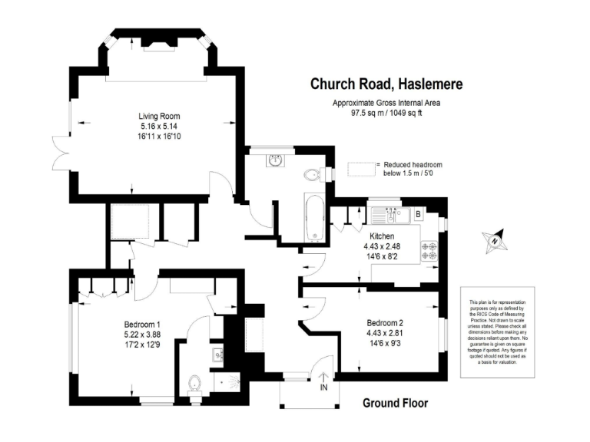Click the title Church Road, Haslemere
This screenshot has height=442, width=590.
click(386, 83)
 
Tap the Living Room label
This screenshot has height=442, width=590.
click(160, 116)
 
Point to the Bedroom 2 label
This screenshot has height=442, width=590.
click(386, 323)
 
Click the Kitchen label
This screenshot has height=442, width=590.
click(382, 236)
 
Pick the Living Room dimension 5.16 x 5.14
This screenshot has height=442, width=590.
click(160, 126)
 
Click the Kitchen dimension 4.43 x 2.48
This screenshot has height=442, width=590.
click(382, 246)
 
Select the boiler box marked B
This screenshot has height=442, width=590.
click(417, 214)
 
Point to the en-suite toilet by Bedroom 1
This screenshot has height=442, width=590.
click(194, 382)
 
